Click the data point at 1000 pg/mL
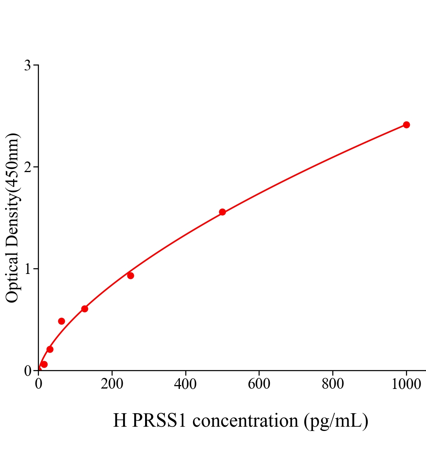[x=406, y=125]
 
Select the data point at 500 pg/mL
[x=222, y=212]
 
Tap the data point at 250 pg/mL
[x=130, y=275]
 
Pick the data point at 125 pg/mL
[x=85, y=309]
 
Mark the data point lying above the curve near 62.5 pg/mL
[x=61, y=321]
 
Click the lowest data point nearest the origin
[x=44, y=364]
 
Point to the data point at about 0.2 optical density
[x=50, y=349]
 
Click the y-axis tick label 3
[x=27, y=66]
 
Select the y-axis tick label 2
[x=27, y=167]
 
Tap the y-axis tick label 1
[x=27, y=269]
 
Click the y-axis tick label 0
[x=27, y=371]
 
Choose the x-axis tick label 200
[x=112, y=384]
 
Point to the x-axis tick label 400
[x=185, y=384]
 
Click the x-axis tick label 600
[x=259, y=384]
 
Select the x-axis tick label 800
[x=333, y=384]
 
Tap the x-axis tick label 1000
[x=406, y=384]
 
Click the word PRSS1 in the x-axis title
[x=159, y=421]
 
